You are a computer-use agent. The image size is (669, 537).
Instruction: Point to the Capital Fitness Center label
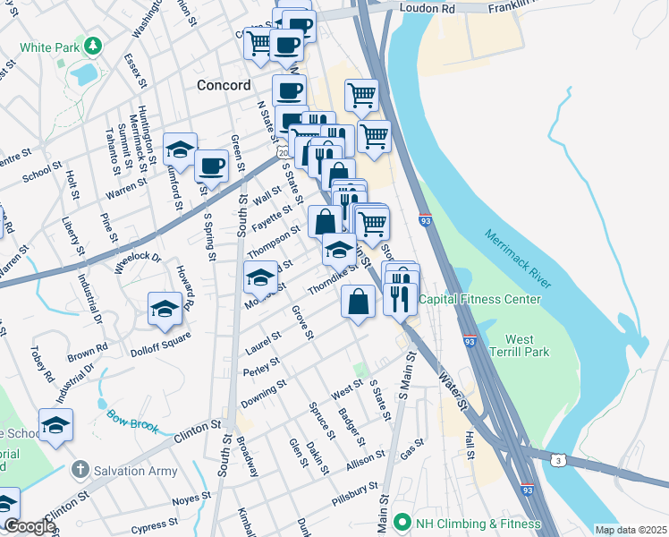coord(479,300)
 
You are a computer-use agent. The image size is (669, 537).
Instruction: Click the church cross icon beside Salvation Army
coord(80,469)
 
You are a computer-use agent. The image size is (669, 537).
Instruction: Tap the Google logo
coord(29,527)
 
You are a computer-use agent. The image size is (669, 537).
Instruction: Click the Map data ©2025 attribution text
coord(630,530)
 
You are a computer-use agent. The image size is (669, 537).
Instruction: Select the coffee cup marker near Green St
coord(211,166)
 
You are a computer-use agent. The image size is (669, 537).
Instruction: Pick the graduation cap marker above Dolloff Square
coord(165,310)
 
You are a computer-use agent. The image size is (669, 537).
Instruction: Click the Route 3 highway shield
coord(558,459)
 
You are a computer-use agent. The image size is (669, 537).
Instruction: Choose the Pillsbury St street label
coord(354,490)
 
